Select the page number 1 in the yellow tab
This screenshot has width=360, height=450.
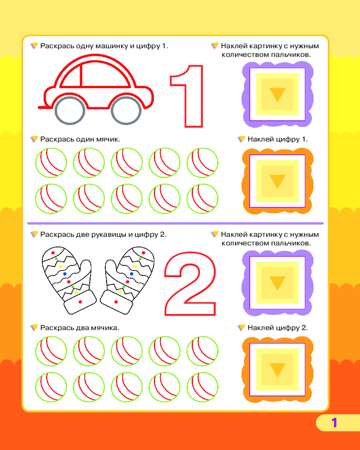pos(334,423)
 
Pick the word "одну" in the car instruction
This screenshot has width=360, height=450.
pos(85,46)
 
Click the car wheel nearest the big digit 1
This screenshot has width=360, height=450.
pos(126,111)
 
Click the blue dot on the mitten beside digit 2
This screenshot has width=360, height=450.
pos(131,274)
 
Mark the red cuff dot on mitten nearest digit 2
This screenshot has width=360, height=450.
pos(116,302)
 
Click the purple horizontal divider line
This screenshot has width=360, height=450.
pos(175,223)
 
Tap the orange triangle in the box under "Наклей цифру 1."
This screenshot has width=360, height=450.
pos(277,180)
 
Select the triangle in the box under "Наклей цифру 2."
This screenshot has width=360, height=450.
pos(277,369)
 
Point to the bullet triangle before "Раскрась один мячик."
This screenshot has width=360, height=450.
pos(34,139)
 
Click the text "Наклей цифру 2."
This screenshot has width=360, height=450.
pos(278,328)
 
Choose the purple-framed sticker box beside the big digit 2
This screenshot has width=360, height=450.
pos(277,283)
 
